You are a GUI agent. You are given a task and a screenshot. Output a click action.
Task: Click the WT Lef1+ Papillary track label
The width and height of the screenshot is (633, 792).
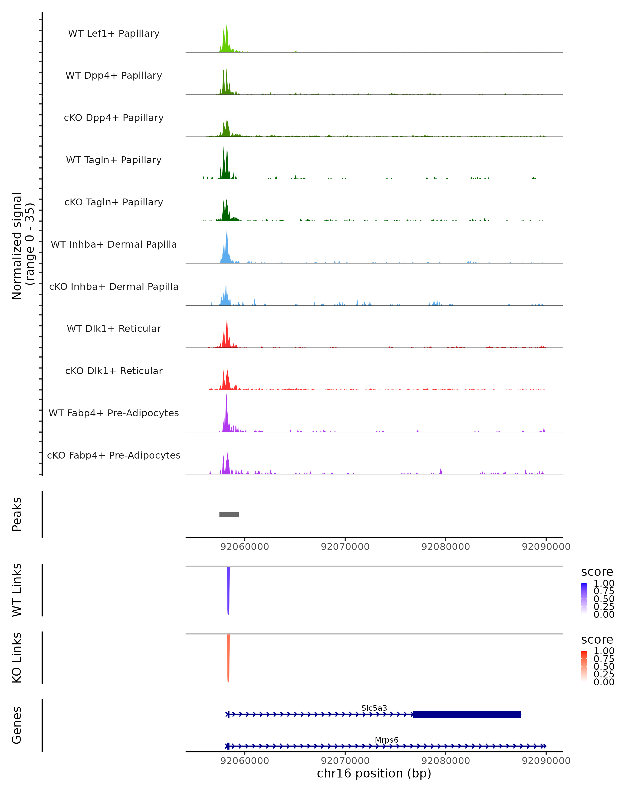pos(114,34)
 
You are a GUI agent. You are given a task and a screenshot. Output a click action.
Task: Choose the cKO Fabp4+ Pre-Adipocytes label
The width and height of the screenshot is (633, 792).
pos(114,455)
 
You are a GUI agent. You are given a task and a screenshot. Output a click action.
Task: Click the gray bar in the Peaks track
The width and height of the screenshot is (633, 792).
pos(229,514)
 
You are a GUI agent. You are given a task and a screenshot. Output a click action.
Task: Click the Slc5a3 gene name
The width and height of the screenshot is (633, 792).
pos(374,708)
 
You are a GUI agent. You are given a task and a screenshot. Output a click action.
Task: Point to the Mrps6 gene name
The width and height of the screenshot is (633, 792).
pos(386,740)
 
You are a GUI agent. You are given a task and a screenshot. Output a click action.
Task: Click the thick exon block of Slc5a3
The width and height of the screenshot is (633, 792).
pos(466,714)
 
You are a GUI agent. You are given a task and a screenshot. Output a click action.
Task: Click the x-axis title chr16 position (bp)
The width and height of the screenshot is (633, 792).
pos(374,773)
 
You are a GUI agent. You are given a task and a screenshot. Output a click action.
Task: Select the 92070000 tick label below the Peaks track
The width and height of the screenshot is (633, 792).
pos(345,547)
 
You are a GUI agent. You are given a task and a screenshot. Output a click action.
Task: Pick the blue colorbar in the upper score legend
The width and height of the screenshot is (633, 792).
pos(584,598)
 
